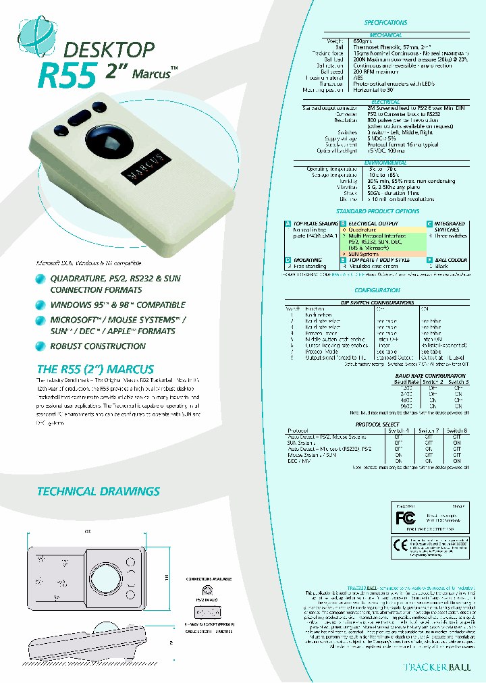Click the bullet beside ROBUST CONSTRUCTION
(42, 346)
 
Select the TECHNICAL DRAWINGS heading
(98, 492)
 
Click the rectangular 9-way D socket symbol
(207, 612)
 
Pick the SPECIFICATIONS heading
(386, 23)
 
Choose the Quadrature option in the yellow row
(362, 229)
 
